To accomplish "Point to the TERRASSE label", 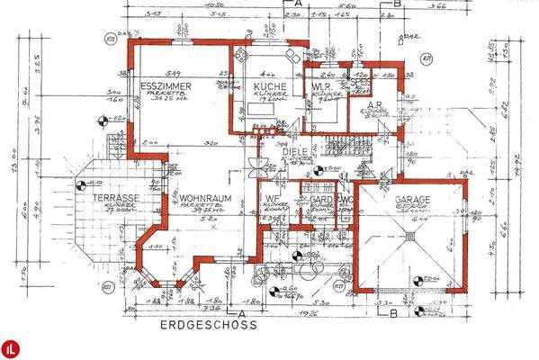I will [x=112, y=197].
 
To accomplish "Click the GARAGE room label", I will [x=410, y=199].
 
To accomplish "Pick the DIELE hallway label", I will [x=296, y=152].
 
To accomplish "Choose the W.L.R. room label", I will [x=323, y=87].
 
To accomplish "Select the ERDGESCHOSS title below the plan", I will [x=207, y=325].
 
